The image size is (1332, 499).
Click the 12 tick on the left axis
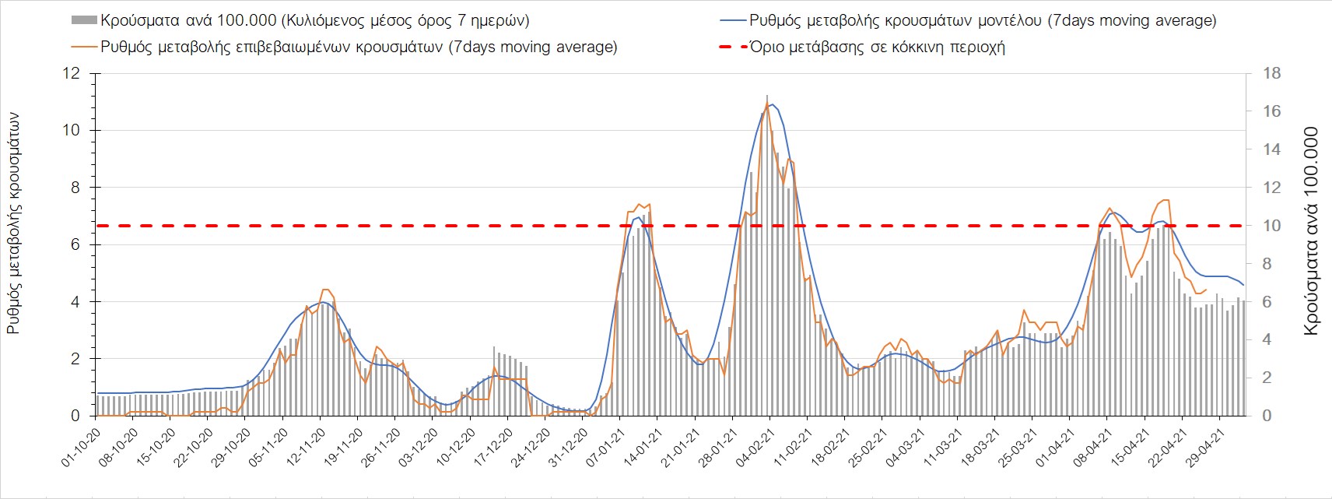click(72, 73)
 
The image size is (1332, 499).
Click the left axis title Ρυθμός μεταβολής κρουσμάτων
click(13, 223)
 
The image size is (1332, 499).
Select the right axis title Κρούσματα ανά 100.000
click(1311, 231)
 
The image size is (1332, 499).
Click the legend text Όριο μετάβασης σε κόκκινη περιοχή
click(877, 47)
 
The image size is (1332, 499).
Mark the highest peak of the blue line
click(770, 104)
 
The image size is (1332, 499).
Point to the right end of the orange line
click(1206, 290)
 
